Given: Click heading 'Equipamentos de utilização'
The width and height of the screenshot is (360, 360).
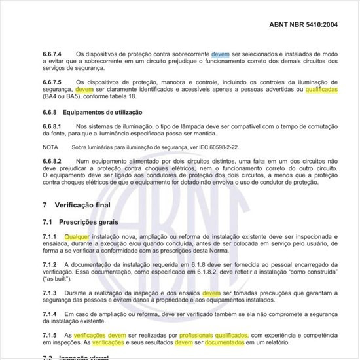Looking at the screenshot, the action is point(101,111).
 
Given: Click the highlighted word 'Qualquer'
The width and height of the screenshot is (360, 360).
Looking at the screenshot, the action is point(77,236).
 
